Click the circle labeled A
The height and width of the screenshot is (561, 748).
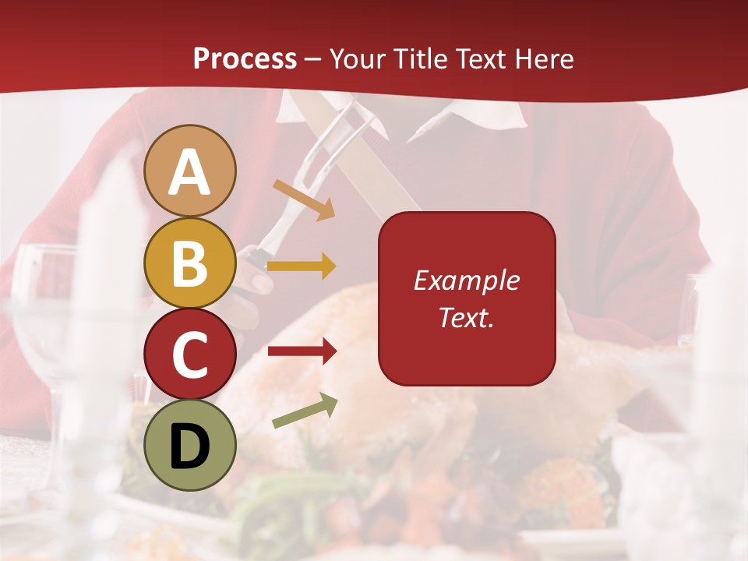tap(189, 171)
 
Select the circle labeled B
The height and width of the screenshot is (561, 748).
tap(189, 263)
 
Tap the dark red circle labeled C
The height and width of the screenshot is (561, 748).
tap(189, 354)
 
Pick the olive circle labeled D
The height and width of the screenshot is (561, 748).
tap(189, 445)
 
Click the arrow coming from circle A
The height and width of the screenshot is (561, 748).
tap(304, 199)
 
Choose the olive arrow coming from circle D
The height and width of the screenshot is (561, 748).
tap(305, 411)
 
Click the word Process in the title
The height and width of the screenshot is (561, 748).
tap(245, 58)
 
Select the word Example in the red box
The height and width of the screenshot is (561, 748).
tap(466, 280)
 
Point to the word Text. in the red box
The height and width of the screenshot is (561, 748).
tap(466, 317)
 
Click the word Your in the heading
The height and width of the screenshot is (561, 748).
tap(358, 58)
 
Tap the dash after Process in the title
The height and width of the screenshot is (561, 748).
tap(313, 59)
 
